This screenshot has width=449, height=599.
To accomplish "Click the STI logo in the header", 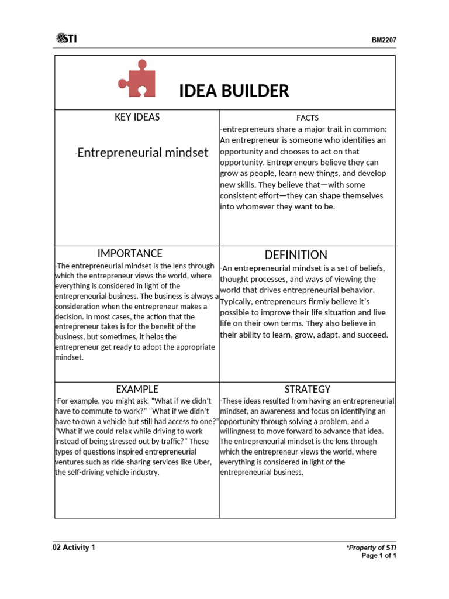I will [x=67, y=39].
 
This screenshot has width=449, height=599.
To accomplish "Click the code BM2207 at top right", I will [x=384, y=40].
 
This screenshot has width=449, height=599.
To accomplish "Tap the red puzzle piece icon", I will [x=137, y=78].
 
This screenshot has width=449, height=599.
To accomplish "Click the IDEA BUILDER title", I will [x=233, y=91].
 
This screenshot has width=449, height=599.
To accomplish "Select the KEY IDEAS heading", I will [x=137, y=117].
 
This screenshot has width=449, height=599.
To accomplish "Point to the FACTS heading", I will [x=308, y=118].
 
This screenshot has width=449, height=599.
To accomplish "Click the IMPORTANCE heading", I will [x=130, y=253].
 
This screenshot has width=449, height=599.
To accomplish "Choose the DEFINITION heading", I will [x=296, y=254].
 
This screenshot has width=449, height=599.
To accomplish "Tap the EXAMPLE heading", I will [x=137, y=389].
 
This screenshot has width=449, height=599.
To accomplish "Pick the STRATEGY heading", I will [x=308, y=389].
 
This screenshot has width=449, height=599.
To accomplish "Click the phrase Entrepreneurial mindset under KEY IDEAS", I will [x=143, y=153].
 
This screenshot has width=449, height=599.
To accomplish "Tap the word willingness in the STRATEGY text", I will [x=242, y=431].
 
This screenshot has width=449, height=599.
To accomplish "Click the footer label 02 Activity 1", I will [x=74, y=548].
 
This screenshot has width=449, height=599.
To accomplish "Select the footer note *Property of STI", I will [x=371, y=548].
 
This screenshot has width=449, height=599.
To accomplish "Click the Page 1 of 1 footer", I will [x=379, y=556].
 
